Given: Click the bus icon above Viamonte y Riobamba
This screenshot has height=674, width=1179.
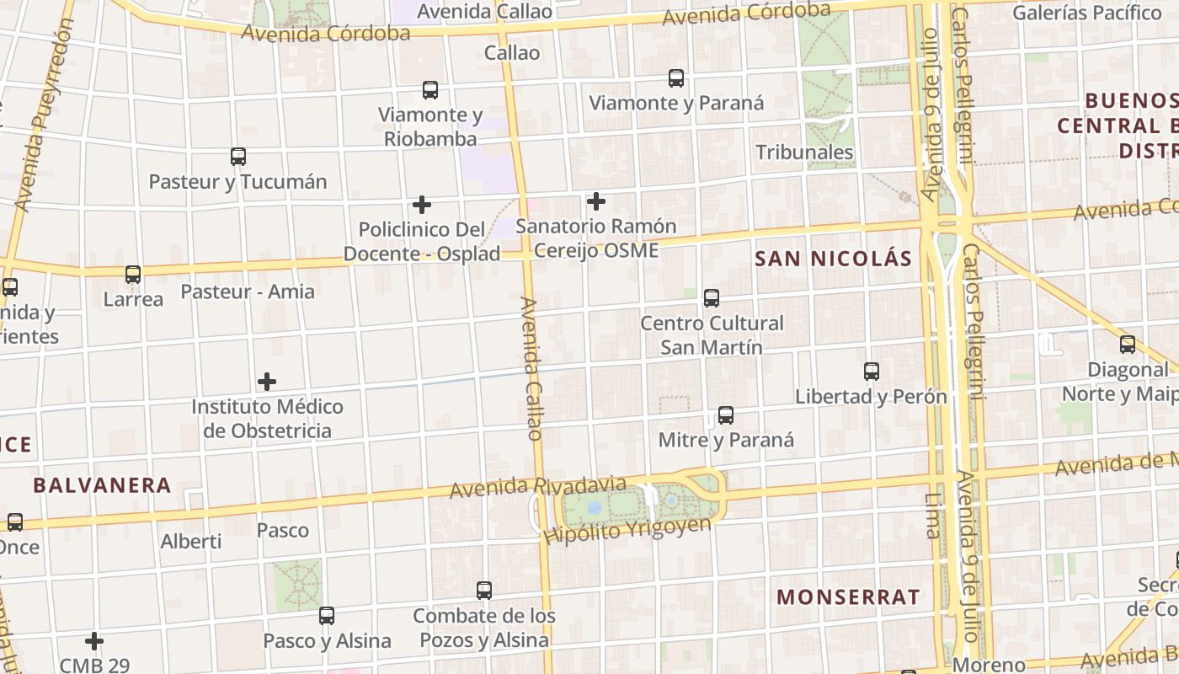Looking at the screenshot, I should click(430, 89).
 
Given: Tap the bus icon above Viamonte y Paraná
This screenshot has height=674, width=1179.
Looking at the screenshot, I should click(675, 78).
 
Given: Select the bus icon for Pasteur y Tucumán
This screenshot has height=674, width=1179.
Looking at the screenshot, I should click(238, 157).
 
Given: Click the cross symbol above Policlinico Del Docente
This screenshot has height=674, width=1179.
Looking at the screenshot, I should click(422, 205).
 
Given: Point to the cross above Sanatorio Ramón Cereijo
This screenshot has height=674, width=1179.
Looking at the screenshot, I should click(596, 201).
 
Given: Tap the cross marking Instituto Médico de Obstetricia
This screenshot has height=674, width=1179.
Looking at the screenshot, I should click(267, 382).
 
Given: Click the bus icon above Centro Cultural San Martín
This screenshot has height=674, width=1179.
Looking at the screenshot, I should click(712, 297).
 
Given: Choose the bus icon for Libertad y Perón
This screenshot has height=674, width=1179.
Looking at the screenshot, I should click(872, 371).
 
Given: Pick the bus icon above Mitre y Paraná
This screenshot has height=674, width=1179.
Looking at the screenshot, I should click(725, 415).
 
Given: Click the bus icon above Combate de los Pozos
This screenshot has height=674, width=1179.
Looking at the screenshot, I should click(484, 591).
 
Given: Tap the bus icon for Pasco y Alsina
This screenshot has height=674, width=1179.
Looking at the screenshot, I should click(327, 616).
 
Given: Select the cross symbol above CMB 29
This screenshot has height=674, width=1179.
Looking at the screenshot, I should click(94, 641).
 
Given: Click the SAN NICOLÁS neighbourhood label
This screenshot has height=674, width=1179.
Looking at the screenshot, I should click(833, 259).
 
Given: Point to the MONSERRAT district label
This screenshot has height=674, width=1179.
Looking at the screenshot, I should click(848, 597).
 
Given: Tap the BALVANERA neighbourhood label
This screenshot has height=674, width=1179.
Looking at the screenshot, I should click(102, 485).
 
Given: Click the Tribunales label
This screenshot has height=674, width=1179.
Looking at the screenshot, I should click(804, 152).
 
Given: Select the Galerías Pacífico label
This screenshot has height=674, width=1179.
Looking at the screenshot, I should click(1086, 13).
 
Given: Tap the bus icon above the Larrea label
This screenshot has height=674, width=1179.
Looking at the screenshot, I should click(133, 275).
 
